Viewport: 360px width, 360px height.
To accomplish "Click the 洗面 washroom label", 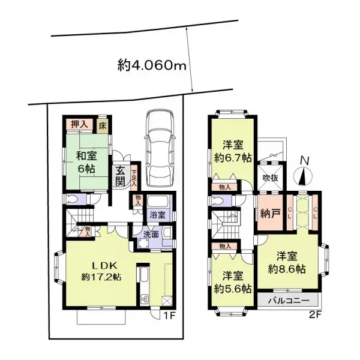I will pyautogui.click(x=150, y=235).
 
